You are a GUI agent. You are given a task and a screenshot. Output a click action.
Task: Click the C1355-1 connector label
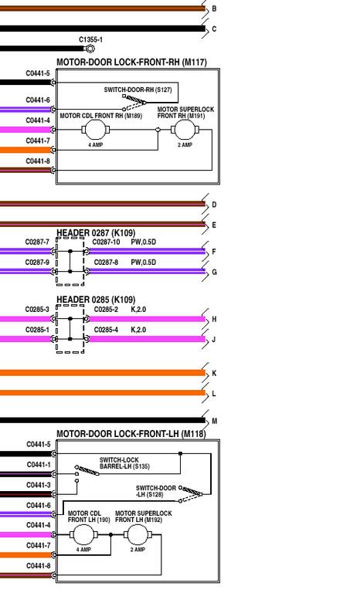(90, 39)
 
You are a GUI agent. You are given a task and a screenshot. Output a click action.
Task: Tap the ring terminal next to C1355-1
(90, 49)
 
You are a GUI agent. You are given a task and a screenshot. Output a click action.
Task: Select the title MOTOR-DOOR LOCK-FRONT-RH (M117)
(132, 62)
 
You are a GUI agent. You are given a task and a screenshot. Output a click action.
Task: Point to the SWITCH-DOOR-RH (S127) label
(138, 90)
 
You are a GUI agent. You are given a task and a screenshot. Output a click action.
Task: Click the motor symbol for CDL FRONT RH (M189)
(95, 130)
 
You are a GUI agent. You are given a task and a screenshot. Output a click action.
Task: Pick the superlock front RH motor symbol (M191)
(185, 130)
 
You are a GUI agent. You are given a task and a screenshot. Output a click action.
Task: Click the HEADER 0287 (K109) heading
(96, 233)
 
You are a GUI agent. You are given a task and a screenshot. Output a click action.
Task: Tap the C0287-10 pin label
(106, 242)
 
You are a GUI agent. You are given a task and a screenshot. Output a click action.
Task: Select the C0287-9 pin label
(37, 263)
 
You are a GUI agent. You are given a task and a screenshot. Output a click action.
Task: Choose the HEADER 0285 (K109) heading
(96, 300)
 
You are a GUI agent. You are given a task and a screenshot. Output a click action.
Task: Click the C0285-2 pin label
(106, 310)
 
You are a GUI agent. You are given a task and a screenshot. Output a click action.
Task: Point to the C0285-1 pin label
(37, 330)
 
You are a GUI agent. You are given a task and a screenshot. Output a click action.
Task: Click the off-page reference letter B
(214, 8)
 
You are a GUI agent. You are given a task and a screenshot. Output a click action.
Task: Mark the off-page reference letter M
(215, 421)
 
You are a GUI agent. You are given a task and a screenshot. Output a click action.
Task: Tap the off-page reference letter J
(214, 339)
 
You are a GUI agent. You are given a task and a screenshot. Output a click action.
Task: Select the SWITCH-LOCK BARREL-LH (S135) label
(124, 463)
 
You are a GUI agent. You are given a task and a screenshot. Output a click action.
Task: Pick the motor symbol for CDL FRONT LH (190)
(83, 535)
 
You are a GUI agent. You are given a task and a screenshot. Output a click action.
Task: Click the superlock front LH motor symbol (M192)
(138, 535)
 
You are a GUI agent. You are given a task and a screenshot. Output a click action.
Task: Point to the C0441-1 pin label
(39, 465)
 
